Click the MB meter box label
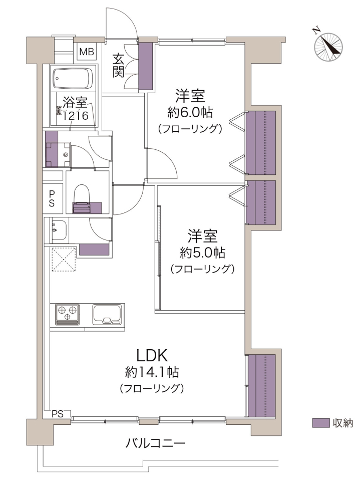[x=87, y=52]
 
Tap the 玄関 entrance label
[x=118, y=65]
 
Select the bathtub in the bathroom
[x=73, y=78]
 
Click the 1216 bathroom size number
[x=76, y=116]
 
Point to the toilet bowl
[x=82, y=194]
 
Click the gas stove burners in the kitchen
[x=68, y=314]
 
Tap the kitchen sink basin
[x=108, y=315]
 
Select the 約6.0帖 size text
[x=190, y=113]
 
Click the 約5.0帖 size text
[x=202, y=253]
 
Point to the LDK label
[x=152, y=356]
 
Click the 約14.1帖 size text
[x=152, y=372]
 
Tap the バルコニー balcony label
[x=156, y=443]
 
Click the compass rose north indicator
[x=328, y=48]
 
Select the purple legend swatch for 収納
[x=321, y=423]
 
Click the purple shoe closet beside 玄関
[x=146, y=66]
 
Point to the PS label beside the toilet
[x=52, y=198]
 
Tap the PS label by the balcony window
[x=58, y=414]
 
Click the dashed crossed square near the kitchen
[x=64, y=259]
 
